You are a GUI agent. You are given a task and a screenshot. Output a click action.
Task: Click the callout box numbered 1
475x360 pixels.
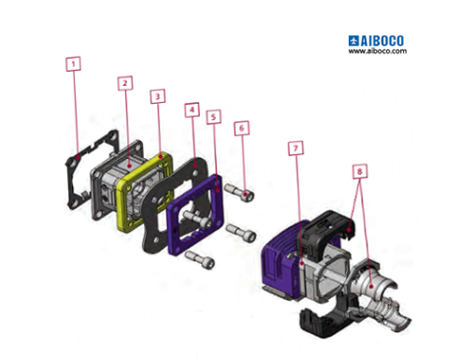point(73,64)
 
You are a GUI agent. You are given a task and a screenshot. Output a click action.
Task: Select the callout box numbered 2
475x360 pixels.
point(124,82)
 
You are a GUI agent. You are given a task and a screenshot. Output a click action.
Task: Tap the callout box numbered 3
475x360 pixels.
point(157,95)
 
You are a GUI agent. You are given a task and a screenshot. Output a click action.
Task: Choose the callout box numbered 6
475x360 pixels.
point(242,126)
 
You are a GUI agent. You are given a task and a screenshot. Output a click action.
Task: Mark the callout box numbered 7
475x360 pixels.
point(295,149)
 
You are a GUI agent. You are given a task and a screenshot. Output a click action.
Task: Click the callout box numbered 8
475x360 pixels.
point(359,171)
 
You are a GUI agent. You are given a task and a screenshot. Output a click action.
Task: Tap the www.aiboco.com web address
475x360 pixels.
point(378,51)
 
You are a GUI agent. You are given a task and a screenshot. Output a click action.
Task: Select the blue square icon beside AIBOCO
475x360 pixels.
point(354,40)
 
